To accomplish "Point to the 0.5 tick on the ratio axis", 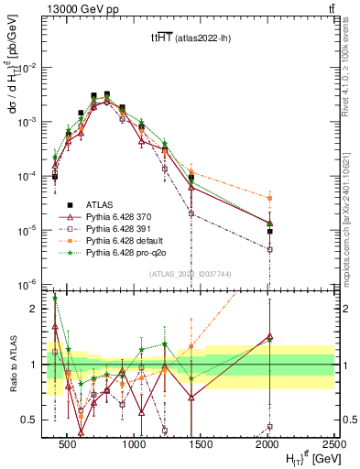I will click(x=33, y=420).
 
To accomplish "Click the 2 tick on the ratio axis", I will click(x=38, y=309).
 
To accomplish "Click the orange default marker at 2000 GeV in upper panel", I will click(x=270, y=198).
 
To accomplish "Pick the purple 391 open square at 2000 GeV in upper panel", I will click(x=270, y=249).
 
